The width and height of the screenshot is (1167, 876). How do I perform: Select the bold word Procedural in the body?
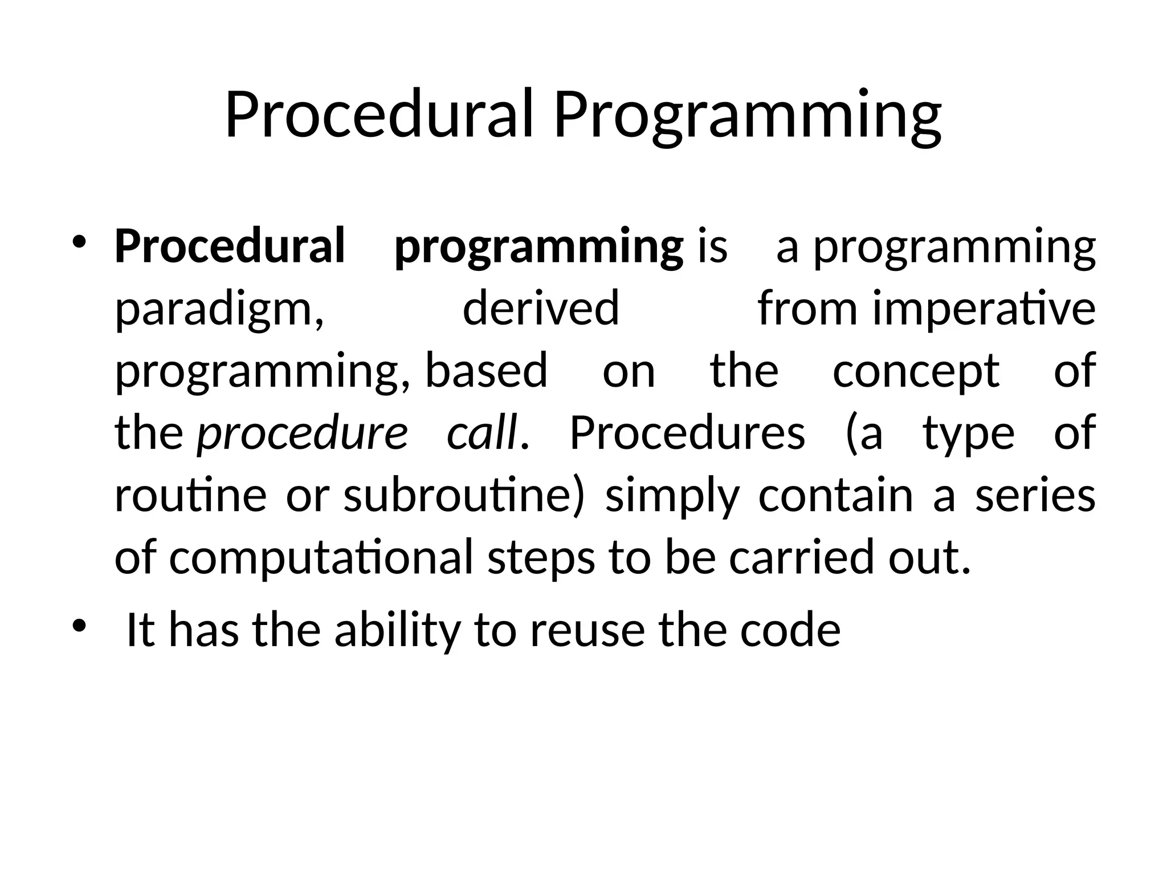pos(230,246)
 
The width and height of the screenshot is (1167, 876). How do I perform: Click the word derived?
pos(540,308)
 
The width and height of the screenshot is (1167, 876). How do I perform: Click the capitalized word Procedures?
pos(687,432)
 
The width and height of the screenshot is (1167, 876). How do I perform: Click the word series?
pos(1035,495)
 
